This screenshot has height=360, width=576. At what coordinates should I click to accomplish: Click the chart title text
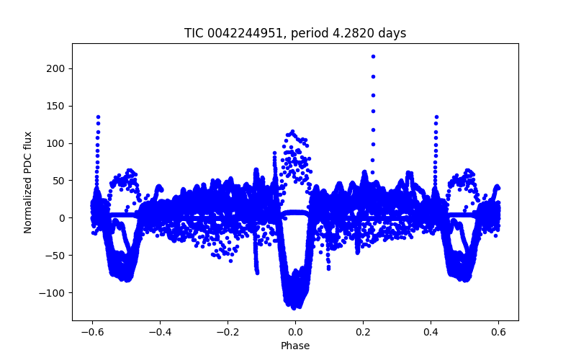click(295, 33)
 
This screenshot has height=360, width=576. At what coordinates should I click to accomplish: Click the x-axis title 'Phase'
click(295, 346)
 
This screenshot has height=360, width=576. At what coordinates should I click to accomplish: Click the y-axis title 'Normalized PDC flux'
click(28, 182)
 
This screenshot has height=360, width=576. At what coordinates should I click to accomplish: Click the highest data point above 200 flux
click(373, 56)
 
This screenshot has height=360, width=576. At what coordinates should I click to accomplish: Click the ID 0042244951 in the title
click(240, 33)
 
